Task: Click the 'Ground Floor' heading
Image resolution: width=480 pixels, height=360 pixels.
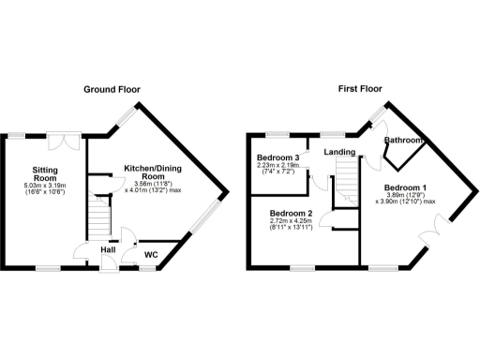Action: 112,90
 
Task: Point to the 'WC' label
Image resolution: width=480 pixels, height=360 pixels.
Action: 150,254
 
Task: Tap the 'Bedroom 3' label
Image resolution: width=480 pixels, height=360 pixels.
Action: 277,157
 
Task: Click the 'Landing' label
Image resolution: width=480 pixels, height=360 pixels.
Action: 338,151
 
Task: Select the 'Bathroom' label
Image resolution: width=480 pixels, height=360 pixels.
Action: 403,142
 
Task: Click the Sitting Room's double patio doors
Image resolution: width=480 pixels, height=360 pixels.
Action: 64,143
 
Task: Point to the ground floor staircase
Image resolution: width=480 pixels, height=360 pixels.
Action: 99,216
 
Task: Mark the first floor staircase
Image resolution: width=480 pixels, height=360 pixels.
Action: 349,178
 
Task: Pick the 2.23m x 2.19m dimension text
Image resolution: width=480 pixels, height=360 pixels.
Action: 277,166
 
